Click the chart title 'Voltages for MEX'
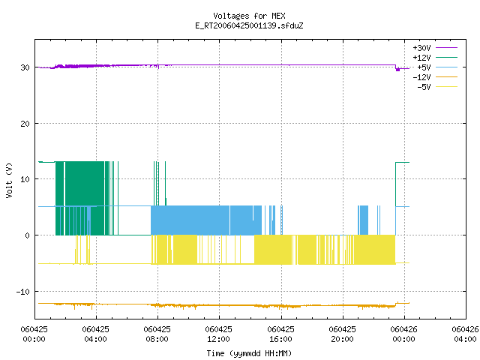click(249, 16)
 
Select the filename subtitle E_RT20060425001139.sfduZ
click(249, 25)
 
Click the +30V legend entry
click(435, 48)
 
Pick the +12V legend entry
click(435, 58)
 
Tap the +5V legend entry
click(437, 67)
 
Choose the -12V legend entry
click(435, 77)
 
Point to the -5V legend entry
click(437, 87)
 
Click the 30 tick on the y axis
click(25, 67)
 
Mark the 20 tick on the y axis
click(25, 124)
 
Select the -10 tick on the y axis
click(23, 292)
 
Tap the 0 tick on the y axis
click(28, 235)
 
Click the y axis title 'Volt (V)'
click(9, 180)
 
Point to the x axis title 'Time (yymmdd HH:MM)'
click(249, 353)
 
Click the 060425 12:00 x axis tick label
click(218, 334)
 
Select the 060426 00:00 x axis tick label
click(403, 334)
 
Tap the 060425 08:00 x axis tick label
click(157, 334)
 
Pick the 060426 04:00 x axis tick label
click(465, 334)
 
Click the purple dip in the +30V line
click(397, 70)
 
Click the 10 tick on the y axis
click(25, 179)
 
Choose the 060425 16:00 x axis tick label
click(280, 334)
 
